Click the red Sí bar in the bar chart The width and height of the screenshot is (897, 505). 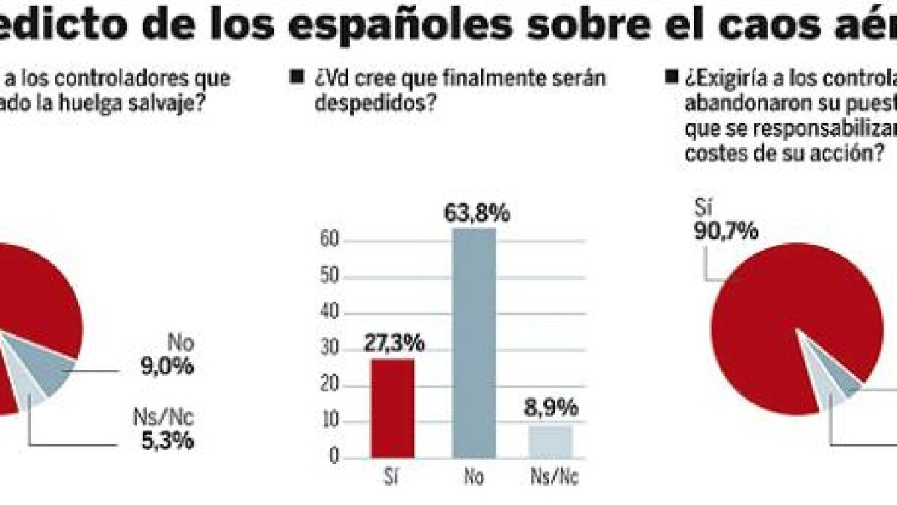(392, 408)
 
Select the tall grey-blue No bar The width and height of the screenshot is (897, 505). (475, 343)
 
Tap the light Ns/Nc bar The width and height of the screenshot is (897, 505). (551, 441)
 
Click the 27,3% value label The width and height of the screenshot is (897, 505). (394, 343)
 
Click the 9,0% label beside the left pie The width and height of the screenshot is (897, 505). (167, 367)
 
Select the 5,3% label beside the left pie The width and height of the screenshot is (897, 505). (167, 441)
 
